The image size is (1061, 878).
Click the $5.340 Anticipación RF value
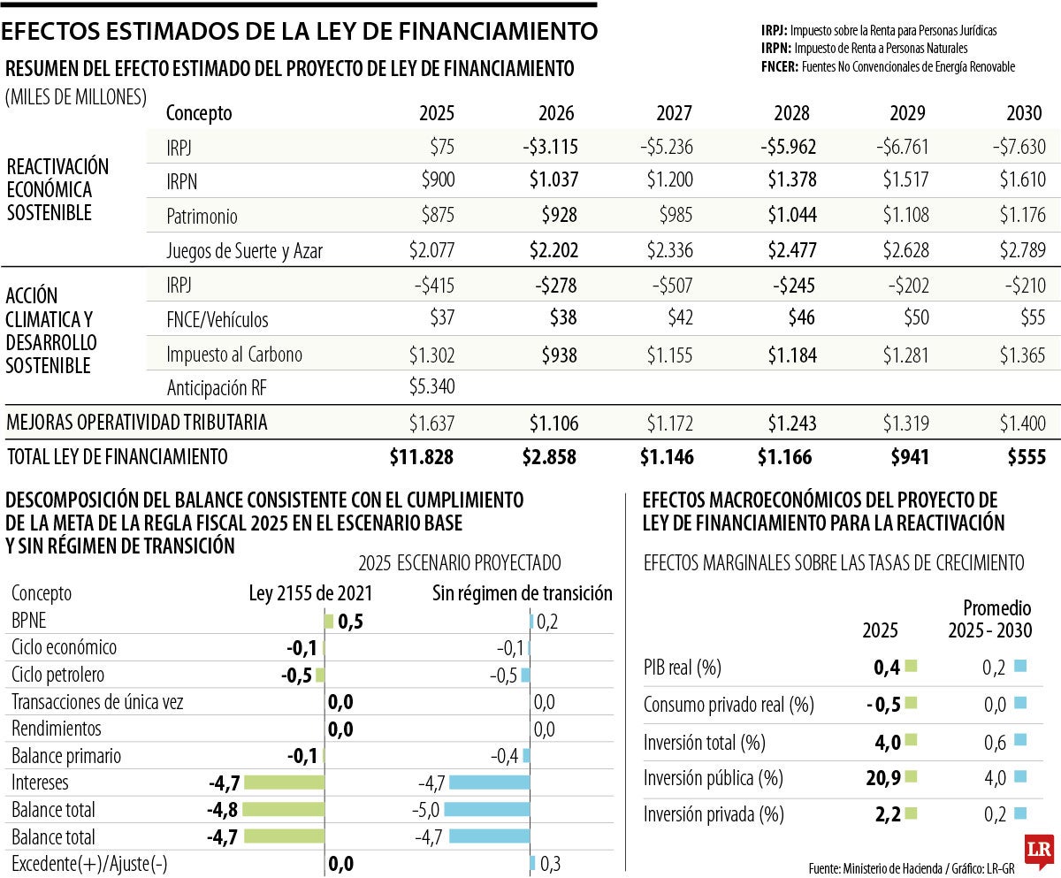[431, 388]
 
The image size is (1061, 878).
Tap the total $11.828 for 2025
[422, 457]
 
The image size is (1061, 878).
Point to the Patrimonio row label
[202, 217]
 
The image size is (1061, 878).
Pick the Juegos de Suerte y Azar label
[244, 251]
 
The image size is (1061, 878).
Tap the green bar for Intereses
[284, 783]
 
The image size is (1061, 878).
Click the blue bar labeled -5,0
[486, 809]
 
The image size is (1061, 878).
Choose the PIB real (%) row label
[683, 668]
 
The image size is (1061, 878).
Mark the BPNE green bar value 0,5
[350, 622]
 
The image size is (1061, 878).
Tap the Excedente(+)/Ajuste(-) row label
[90, 864]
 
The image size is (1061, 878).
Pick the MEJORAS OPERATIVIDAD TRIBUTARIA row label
[137, 423]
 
